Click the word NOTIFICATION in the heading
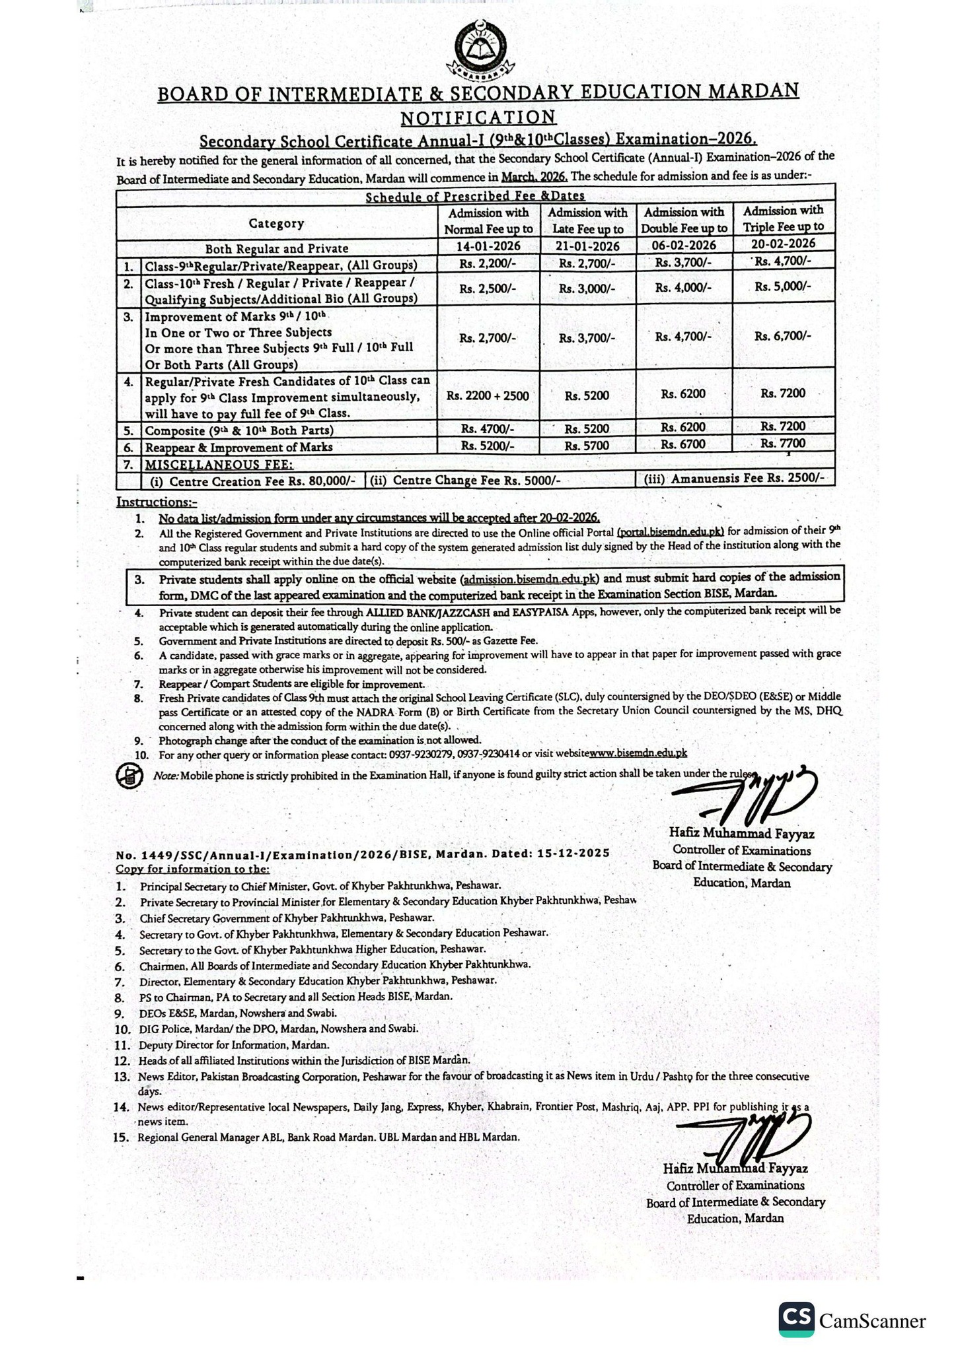[478, 118]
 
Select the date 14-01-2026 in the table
[488, 246]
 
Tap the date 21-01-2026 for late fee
[587, 246]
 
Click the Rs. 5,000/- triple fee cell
[783, 287]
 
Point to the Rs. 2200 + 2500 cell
[488, 395]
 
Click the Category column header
[276, 223]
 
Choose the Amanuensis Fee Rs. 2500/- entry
[734, 479]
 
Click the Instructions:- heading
[157, 502]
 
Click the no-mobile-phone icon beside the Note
[129, 776]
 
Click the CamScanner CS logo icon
[795, 1320]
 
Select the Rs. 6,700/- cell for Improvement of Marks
[783, 336]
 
